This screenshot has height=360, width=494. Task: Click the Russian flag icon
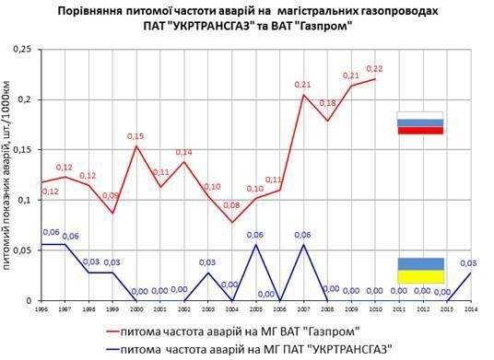pyautogui.click(x=419, y=122)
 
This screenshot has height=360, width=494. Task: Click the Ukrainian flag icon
pyautogui.click(x=419, y=270)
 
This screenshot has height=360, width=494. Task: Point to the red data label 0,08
pyautogui.click(x=231, y=205)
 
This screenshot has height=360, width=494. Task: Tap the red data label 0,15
pyautogui.click(x=136, y=135)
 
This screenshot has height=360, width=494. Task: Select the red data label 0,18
pyautogui.click(x=327, y=103)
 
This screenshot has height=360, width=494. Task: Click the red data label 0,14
pyautogui.click(x=183, y=152)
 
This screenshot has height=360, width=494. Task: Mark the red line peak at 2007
pyautogui.click(x=303, y=95)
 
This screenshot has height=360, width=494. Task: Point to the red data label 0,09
pyautogui.click(x=112, y=195)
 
